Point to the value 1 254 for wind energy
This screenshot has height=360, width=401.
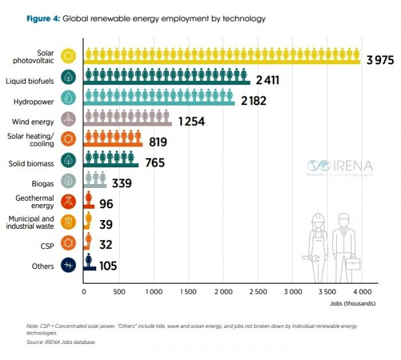point(191,122)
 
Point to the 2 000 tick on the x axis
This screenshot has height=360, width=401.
point(223,292)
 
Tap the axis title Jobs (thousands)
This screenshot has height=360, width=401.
point(352,304)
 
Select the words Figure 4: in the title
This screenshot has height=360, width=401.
point(43,19)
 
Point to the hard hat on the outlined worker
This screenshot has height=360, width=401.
point(318,219)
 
